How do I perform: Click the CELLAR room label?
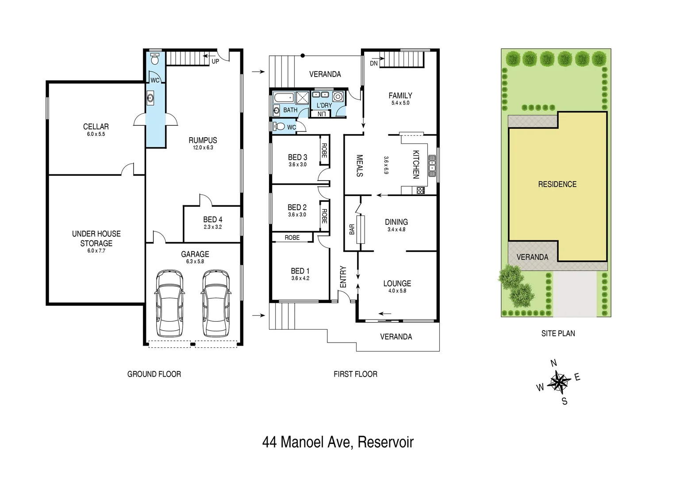tap(96, 127)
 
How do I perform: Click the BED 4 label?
tap(213, 220)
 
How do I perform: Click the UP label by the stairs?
tap(215, 62)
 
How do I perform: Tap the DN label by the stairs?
tap(374, 63)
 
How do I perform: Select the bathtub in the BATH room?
tap(284, 97)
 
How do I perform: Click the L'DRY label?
tap(324, 105)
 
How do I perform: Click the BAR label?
tap(352, 229)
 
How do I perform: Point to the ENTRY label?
tap(343, 277)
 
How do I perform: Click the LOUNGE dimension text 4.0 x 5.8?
tap(397, 291)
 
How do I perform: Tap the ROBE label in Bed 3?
tap(324, 150)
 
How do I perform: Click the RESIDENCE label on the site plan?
tap(557, 184)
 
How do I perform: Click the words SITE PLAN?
tap(558, 333)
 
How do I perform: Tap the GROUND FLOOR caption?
tap(154, 374)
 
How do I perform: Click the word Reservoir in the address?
tap(385, 442)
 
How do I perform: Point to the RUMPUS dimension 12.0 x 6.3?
tap(203, 147)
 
